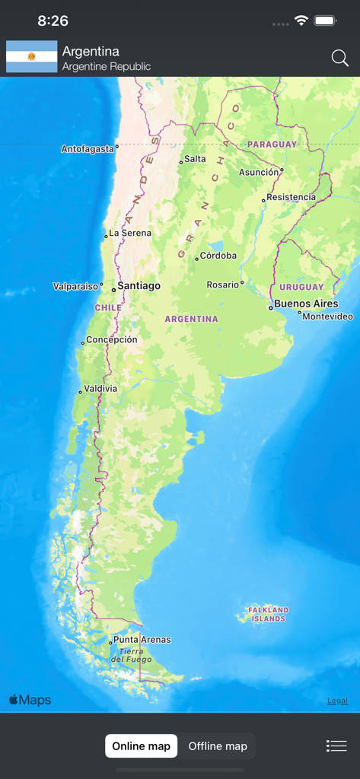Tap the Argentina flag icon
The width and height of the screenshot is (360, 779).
click(32, 57)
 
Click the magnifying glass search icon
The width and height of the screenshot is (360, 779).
click(339, 58)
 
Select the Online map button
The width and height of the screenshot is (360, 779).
click(142, 746)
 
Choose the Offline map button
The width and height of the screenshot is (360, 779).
click(218, 746)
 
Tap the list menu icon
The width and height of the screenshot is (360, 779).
click(336, 746)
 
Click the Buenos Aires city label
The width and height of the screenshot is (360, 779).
click(306, 304)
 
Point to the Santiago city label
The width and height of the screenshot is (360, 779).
click(139, 286)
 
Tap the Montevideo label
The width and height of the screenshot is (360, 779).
click(328, 316)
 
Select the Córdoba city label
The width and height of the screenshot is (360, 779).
click(218, 256)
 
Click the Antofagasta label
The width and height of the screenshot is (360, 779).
click(88, 149)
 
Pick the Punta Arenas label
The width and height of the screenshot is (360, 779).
click(142, 640)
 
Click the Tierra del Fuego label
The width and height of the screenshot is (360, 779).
click(132, 655)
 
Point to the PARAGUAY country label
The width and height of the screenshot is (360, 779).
click(272, 144)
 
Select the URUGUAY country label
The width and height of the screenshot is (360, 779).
click(301, 287)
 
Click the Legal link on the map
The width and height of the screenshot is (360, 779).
click(338, 701)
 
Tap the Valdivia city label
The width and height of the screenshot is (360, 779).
click(100, 389)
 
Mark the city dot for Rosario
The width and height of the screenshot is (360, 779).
click(242, 283)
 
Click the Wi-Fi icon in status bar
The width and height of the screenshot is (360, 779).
click(301, 21)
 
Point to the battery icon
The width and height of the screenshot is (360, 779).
click(326, 21)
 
